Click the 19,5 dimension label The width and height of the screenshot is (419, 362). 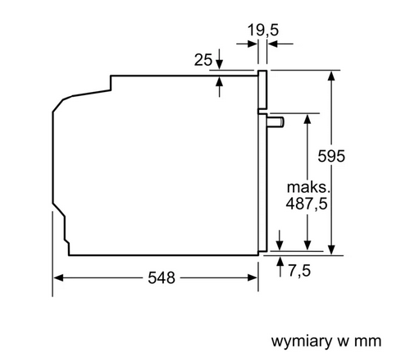pyautogui.click(x=263, y=30)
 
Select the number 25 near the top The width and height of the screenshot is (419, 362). pyautogui.click(x=203, y=60)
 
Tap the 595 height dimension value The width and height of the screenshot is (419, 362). pyautogui.click(x=331, y=156)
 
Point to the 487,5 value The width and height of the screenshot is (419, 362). pyautogui.click(x=307, y=204)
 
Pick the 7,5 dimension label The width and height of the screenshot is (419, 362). pyautogui.click(x=299, y=271)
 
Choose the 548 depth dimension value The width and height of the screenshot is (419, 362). pyautogui.click(x=162, y=278)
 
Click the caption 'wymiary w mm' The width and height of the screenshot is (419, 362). pyautogui.click(x=326, y=341)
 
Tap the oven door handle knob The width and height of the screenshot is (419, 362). pyautogui.click(x=276, y=122)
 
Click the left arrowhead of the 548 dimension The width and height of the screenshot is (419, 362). pyautogui.click(x=58, y=278)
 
